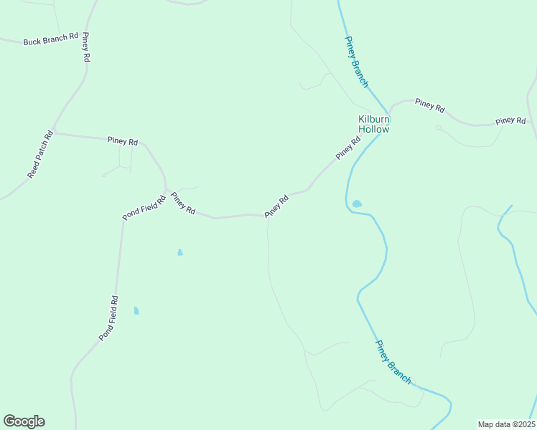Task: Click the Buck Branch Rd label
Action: click(x=50, y=40)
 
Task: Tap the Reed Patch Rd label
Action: click(x=40, y=155)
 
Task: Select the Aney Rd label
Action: click(x=276, y=206)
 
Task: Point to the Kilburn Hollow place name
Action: click(x=374, y=125)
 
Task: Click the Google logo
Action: click(x=24, y=421)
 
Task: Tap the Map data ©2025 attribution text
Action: click(x=505, y=424)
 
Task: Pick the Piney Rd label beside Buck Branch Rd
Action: click(x=85, y=47)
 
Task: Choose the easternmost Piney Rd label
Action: click(x=510, y=121)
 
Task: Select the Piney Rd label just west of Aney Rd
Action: click(x=183, y=203)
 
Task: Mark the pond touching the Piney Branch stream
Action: click(x=357, y=204)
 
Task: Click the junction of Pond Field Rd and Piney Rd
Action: click(x=167, y=191)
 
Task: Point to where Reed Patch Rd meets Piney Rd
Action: click(x=55, y=133)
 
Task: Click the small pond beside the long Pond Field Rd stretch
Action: click(x=136, y=310)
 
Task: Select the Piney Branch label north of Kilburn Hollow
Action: click(x=356, y=62)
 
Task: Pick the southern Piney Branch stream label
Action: click(x=393, y=363)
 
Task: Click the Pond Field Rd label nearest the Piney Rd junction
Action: click(x=144, y=206)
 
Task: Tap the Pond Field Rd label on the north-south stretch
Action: click(x=109, y=318)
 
